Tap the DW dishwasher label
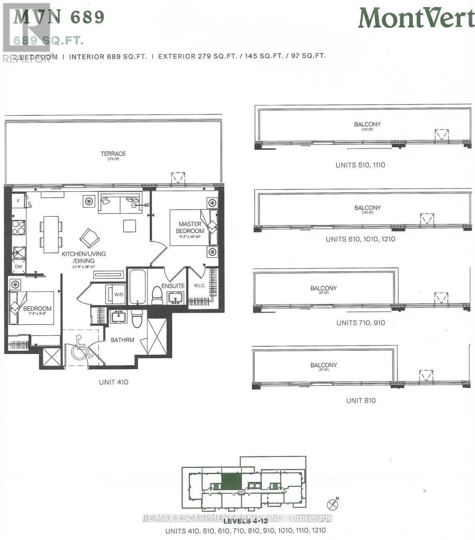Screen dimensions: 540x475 tap(18, 267)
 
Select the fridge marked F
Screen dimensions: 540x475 tap(18, 201)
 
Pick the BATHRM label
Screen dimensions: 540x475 tap(123, 340)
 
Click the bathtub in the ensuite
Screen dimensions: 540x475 tap(137, 287)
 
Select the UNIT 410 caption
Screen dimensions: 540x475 tap(114, 382)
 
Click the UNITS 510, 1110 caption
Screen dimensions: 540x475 tap(360, 165)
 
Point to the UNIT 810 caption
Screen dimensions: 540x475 tap(361, 400)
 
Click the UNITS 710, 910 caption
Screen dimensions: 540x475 tap(361, 323)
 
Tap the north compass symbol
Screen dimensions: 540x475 tap(333, 503)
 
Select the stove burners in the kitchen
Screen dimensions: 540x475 tap(18, 227)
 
